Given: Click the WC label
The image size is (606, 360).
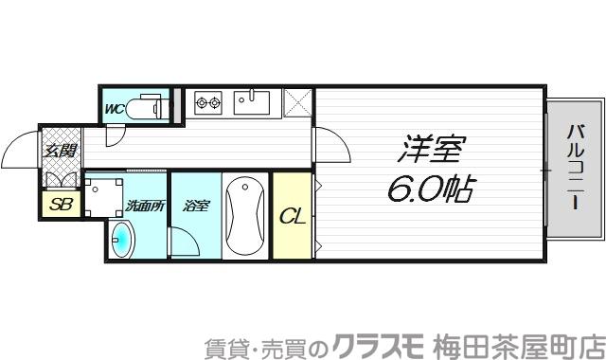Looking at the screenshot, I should (115, 108).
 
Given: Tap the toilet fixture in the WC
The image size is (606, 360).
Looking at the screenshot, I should (150, 107).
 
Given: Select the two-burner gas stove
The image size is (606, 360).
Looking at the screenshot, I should (208, 101).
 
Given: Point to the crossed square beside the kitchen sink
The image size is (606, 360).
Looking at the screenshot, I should (298, 101).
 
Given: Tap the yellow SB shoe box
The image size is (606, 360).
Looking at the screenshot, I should (60, 204).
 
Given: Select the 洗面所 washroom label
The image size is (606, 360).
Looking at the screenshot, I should (144, 206).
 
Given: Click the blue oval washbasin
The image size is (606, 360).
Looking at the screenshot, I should (122, 241).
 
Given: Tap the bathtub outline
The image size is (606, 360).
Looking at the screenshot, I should (246, 215).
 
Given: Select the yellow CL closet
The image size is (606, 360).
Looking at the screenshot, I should (292, 215).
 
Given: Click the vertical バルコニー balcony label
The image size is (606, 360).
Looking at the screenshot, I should (575, 167).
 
